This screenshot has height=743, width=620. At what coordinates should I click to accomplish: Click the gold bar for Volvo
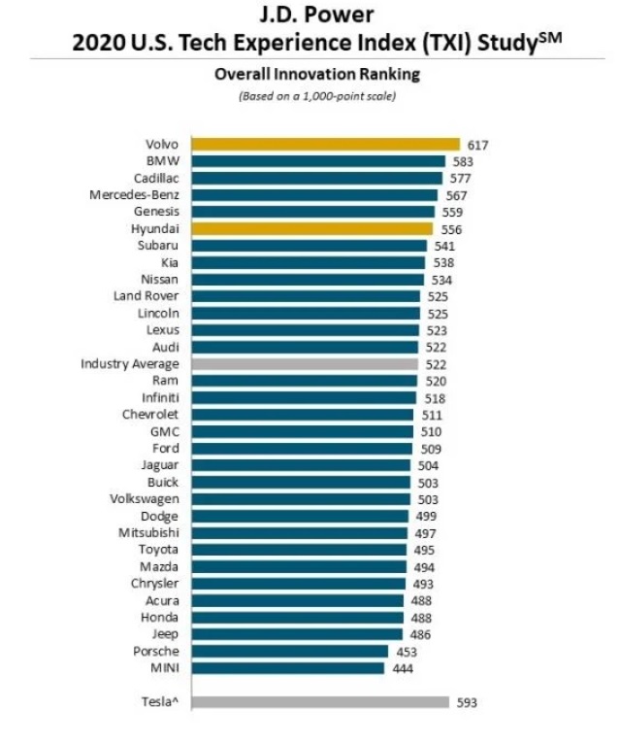tap(325, 145)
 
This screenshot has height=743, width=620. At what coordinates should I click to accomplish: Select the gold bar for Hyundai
tap(311, 229)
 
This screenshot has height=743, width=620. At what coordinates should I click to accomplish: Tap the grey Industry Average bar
tap(305, 363)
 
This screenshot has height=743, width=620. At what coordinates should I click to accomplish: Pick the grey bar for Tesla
tap(319, 702)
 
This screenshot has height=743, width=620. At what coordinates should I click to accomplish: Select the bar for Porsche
tap(289, 652)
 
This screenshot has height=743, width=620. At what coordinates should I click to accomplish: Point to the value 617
tap(476, 145)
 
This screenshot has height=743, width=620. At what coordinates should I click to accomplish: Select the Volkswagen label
tap(143, 499)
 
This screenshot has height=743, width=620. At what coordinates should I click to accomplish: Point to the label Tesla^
tap(160, 702)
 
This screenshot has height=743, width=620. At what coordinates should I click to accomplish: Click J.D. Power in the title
tap(310, 17)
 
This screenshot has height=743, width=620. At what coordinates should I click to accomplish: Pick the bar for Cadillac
tap(316, 179)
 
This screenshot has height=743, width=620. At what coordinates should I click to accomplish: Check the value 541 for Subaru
tap(442, 246)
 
